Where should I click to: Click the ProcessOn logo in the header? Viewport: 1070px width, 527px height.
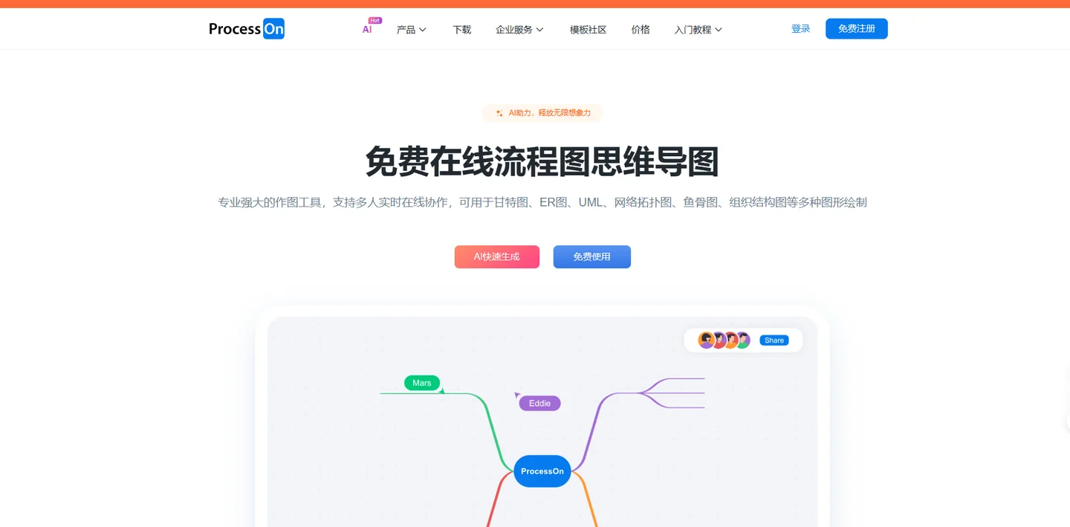pos(247,29)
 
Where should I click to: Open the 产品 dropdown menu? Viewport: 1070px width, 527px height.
pos(412,30)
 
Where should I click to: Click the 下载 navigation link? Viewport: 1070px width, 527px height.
pos(462,30)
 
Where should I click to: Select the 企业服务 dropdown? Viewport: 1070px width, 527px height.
pos(519,30)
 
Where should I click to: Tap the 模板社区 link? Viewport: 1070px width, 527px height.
pos(588,30)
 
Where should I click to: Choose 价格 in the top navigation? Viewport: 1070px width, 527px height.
pos(641,30)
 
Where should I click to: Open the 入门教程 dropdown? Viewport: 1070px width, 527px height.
pos(698,30)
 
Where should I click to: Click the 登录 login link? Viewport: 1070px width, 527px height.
pos(800,29)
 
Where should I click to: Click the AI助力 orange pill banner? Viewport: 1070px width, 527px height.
pos(542,113)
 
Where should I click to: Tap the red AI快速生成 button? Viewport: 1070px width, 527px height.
pos(497,256)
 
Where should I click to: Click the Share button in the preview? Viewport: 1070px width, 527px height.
pos(774,340)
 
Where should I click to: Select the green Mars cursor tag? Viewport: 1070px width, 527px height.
pos(422,383)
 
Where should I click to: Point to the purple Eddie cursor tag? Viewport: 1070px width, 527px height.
pos(539,404)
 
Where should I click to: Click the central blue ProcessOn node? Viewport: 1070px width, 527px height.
pos(542,471)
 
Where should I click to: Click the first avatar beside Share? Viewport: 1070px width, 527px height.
pos(706,340)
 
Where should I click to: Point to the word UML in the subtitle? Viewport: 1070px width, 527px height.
pos(591,203)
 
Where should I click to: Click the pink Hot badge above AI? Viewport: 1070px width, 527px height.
pos(375,21)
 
